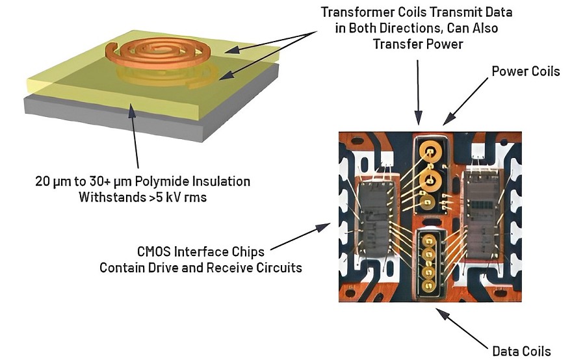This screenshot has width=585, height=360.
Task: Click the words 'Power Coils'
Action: click(526, 71)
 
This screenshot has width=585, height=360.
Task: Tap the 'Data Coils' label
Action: click(521, 351)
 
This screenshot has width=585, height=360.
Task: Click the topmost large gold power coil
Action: click(430, 151)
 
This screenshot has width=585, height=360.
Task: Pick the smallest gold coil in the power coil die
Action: click(427, 202)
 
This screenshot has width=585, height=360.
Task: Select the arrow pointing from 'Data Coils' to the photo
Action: click(463, 327)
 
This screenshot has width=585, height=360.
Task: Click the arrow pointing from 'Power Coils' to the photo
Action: click(465, 101)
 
